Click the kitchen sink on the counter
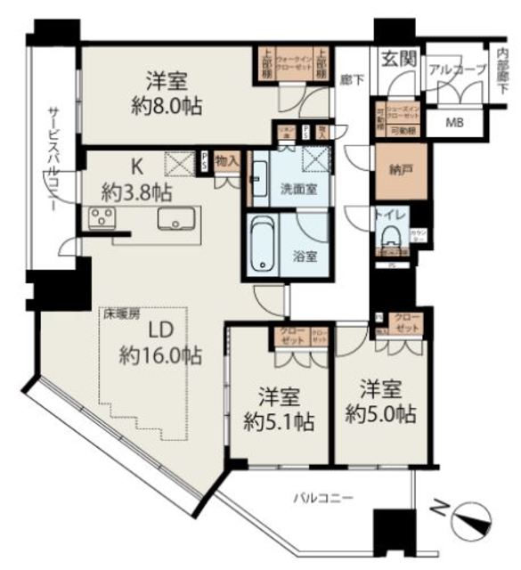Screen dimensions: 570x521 175,220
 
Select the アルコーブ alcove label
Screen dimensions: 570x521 457,69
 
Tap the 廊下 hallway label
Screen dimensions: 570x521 353,79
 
